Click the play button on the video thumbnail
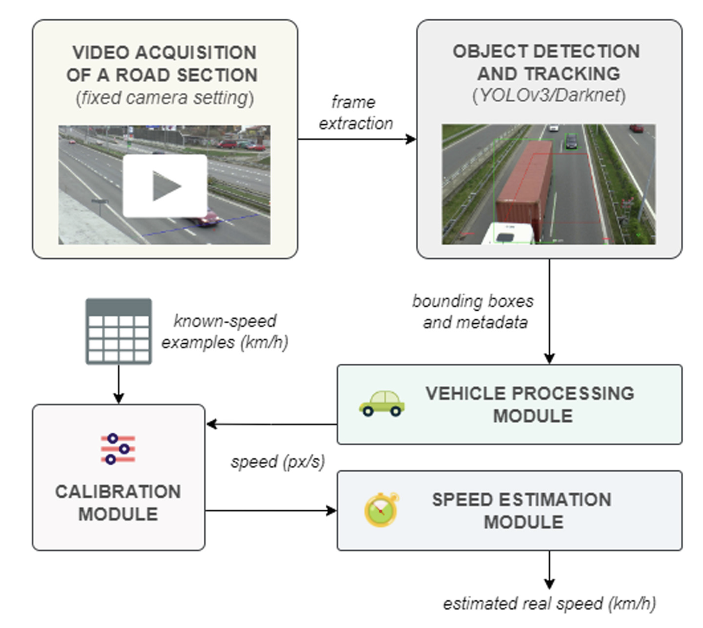point(165,186)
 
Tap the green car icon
point(381,403)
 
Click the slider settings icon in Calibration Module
point(118,449)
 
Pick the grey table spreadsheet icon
point(119,331)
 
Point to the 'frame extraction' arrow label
point(355,113)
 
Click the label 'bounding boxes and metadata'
point(473,312)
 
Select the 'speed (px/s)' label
point(278,462)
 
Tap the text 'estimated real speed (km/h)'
point(549,604)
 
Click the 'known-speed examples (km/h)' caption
point(225,332)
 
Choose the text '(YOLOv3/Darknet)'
point(549,96)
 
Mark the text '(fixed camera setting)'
point(165,98)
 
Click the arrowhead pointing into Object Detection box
point(411,139)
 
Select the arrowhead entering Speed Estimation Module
point(331,511)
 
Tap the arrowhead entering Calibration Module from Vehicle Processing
point(212,424)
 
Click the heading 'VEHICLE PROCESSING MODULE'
point(530,405)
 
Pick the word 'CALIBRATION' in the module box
point(118,492)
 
